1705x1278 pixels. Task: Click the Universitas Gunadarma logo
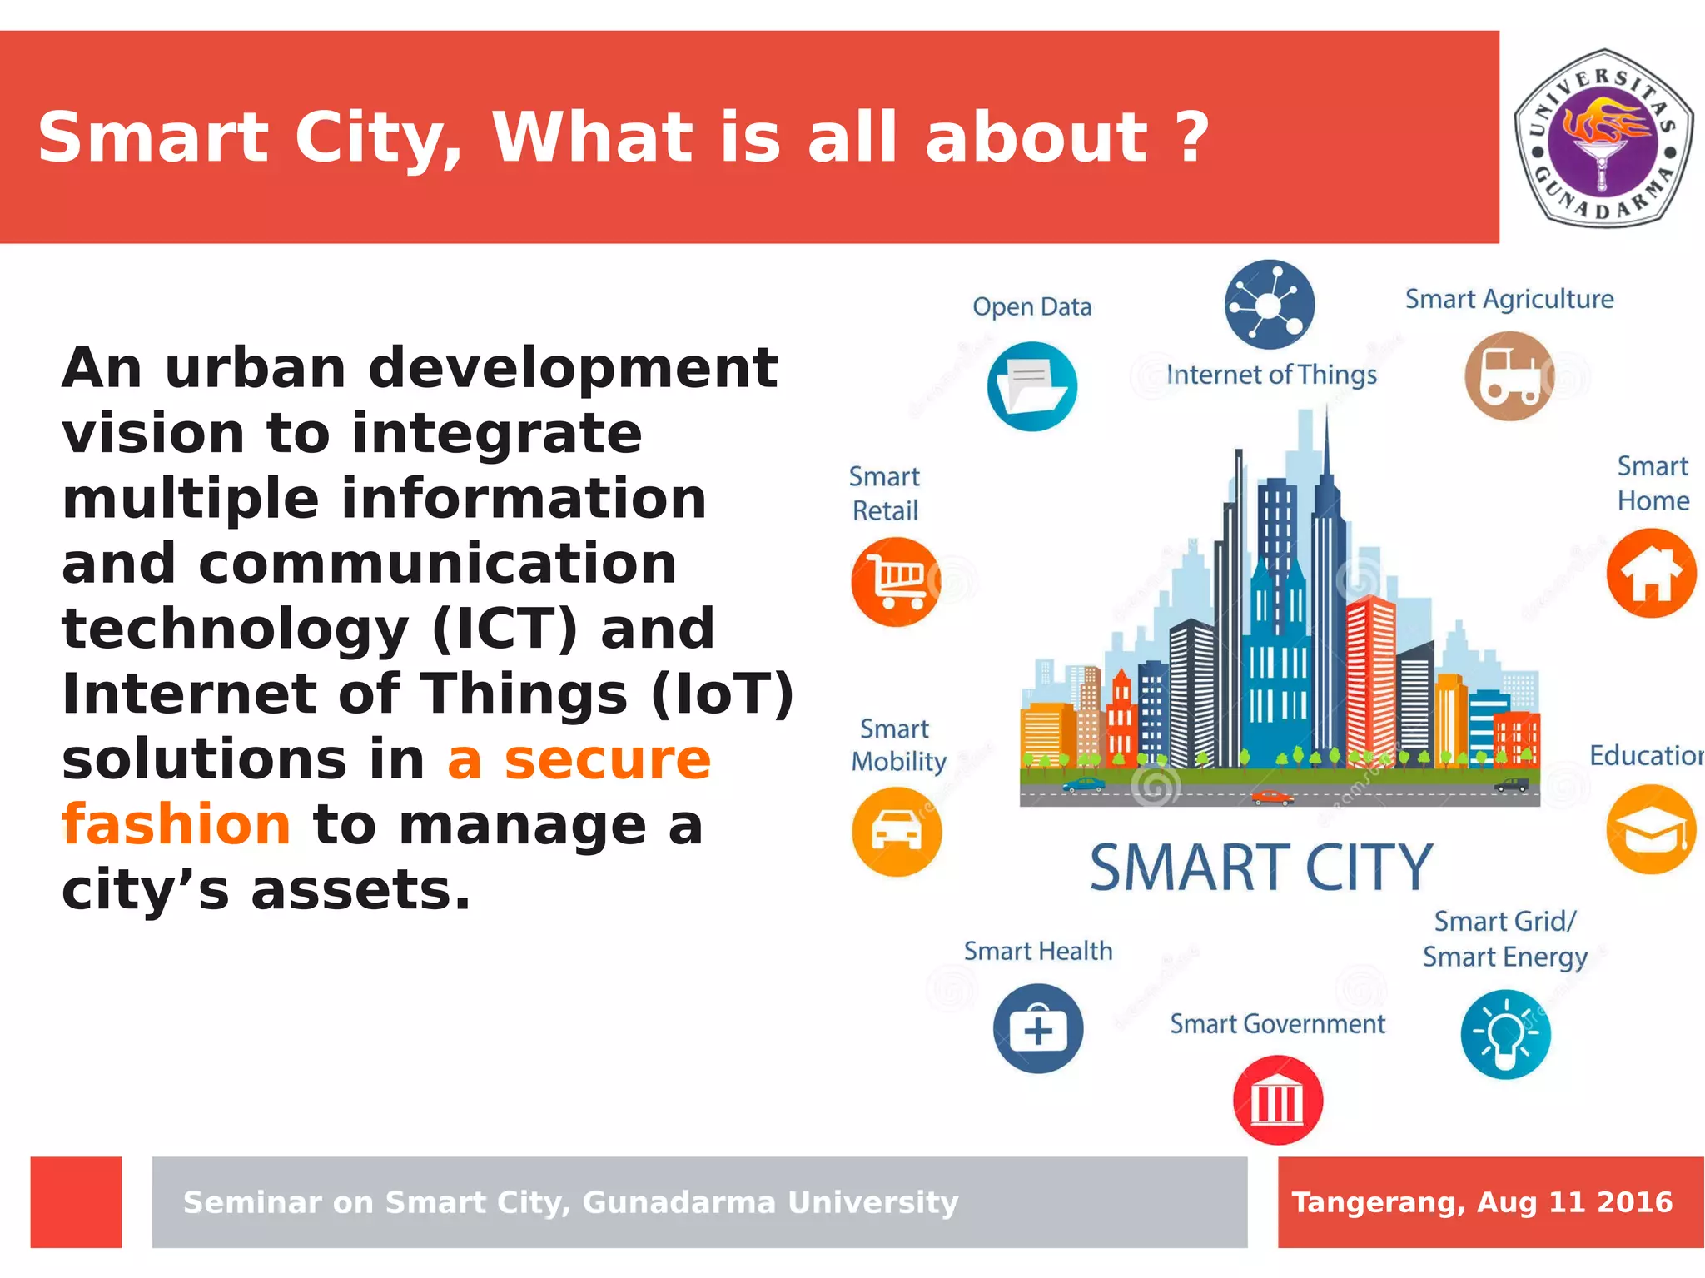click(x=1602, y=138)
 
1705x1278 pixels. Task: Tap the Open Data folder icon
click(x=1032, y=386)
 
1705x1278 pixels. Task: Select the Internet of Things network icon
click(x=1270, y=304)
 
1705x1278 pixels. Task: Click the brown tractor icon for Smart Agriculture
click(x=1509, y=376)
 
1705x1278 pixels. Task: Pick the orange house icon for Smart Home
click(x=1651, y=574)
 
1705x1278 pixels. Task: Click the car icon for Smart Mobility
click(x=897, y=831)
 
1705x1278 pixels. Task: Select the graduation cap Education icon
click(x=1651, y=829)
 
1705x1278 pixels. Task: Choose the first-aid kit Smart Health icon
click(x=1037, y=1029)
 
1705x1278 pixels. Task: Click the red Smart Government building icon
click(x=1277, y=1101)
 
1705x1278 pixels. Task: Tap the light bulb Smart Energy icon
click(x=1505, y=1035)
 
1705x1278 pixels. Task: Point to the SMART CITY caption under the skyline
click(x=1260, y=868)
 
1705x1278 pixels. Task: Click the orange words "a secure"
click(x=579, y=759)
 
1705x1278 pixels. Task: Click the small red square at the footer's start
click(x=76, y=1201)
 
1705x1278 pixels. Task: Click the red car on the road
click(x=1271, y=797)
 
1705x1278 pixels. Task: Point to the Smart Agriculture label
click(x=1509, y=299)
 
